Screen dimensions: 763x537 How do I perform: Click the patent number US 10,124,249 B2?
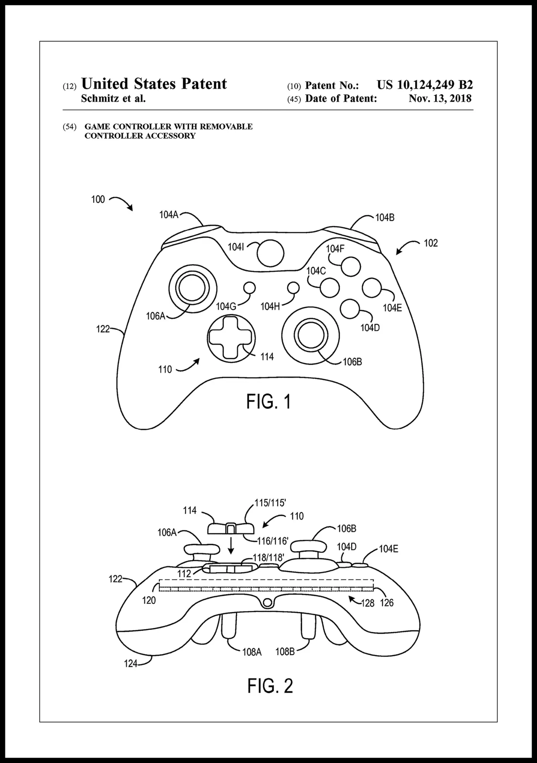tap(424, 85)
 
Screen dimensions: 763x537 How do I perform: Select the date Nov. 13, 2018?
tap(440, 98)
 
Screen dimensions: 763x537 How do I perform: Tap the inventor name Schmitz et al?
tap(113, 98)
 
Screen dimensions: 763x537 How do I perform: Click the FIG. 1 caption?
tap(268, 402)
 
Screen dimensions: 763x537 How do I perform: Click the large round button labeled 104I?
tap(270, 253)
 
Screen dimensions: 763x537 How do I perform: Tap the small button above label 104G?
tap(249, 288)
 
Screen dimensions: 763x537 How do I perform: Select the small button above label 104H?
tap(293, 288)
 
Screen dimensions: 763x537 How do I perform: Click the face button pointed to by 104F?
tap(351, 267)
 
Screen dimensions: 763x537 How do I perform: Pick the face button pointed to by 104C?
tap(330, 288)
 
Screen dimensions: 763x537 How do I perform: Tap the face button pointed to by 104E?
tap(372, 288)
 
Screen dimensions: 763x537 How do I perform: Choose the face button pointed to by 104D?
tap(350, 309)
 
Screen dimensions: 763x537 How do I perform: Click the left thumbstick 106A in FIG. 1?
tap(193, 288)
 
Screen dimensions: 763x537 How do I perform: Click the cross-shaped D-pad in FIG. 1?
tap(230, 337)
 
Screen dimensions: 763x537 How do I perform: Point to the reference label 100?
tap(98, 200)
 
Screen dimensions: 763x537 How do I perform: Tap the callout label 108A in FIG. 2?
tap(252, 652)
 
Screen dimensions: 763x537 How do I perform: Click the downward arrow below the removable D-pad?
tap(231, 548)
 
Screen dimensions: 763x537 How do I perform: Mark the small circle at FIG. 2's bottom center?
tap(268, 603)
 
